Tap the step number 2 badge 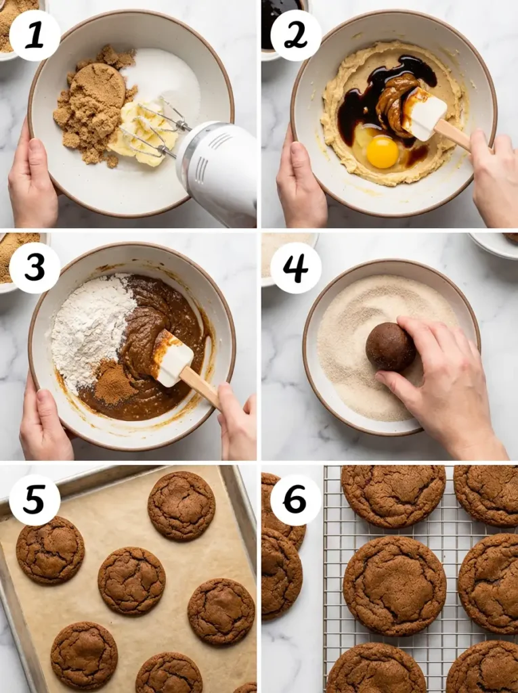[296, 36]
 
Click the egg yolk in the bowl [383, 152]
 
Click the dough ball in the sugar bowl [390, 346]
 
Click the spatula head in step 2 [424, 114]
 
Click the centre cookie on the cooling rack [394, 585]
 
